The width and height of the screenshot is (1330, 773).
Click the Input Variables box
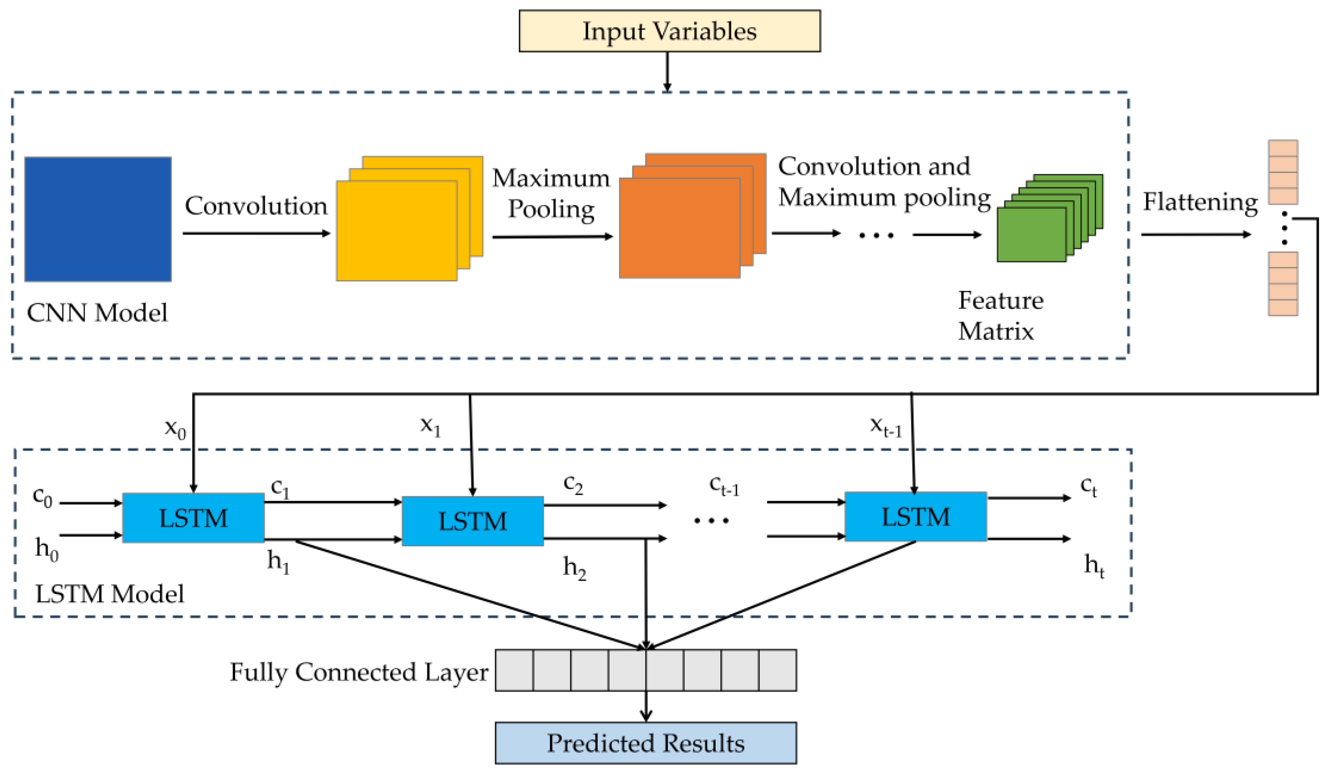point(669,31)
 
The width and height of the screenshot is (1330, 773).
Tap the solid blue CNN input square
point(98,219)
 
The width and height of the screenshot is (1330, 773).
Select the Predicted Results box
point(645,743)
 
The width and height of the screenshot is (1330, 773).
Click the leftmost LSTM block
point(193,518)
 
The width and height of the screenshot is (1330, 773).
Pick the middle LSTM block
point(472,521)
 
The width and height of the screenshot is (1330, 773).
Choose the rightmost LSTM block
point(915,517)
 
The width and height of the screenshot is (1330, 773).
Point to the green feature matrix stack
point(1031,235)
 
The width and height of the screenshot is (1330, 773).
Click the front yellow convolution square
point(396,231)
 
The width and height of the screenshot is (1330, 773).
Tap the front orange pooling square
point(679,228)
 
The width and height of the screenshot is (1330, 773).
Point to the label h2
point(574,568)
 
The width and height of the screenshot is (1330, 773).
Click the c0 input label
point(42,497)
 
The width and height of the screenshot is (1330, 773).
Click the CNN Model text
point(97,313)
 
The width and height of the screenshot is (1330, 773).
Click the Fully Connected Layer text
point(359,672)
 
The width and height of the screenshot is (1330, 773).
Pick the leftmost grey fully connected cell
point(514,670)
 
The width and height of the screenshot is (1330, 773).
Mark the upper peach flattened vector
point(1282,172)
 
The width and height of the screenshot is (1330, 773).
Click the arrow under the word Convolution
point(256,233)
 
